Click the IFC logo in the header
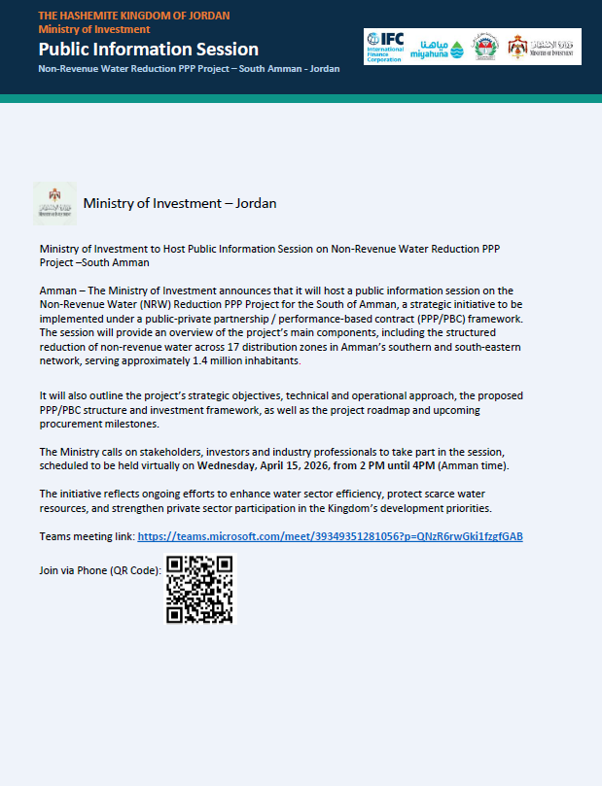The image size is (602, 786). pos(389,47)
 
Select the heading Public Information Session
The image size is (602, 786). pos(149,49)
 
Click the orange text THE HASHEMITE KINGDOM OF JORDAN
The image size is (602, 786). pos(134,17)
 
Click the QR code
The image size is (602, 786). pos(198,589)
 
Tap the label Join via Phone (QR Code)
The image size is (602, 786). pos(100,570)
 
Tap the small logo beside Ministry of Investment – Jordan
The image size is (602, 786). pos(54,204)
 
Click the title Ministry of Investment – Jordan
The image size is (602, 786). pos(180,203)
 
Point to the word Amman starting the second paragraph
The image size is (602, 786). pos(57,290)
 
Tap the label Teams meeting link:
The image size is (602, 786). pos(88,536)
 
